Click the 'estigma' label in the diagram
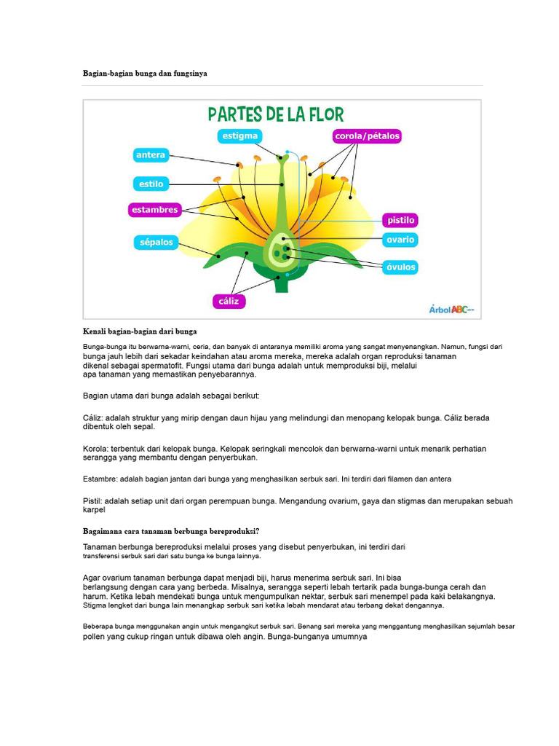239,136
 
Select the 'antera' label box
151,155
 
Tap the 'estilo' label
151,184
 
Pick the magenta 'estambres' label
154,210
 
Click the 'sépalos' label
156,243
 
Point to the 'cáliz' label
229,301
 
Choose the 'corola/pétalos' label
367,136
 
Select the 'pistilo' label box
400,220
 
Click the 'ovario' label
400,240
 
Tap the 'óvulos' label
400,267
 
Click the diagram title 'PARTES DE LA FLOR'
276,114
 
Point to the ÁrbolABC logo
451,309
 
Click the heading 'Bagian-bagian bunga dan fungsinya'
145,74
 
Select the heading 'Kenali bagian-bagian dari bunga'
140,331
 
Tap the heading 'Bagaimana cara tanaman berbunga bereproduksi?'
171,531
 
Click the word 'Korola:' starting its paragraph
95,449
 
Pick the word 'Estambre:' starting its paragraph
100,479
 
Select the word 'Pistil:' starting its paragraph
92,501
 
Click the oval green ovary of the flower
282,251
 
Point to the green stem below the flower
282,285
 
